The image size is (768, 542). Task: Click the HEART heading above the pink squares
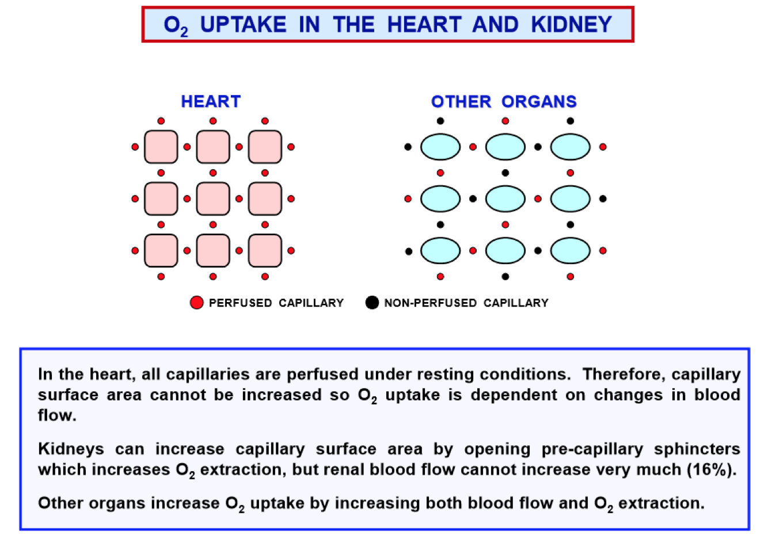coord(211,102)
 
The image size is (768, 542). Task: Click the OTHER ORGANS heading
coord(504,102)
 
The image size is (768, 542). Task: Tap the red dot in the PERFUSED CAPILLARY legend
coord(197,303)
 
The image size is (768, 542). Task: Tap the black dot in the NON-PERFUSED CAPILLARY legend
coord(372,303)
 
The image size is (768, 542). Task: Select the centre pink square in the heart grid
coord(213,199)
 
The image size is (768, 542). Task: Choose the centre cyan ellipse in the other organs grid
coord(505,199)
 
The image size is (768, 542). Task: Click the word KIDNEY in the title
coord(571,25)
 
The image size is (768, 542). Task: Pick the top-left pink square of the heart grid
coord(161,147)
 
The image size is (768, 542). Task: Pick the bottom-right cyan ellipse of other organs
coord(571,251)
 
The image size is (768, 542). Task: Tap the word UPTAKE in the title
coord(243,25)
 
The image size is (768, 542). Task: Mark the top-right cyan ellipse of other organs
coord(571,147)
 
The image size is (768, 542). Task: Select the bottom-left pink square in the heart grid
coord(161,251)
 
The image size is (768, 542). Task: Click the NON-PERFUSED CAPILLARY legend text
coord(466,303)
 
